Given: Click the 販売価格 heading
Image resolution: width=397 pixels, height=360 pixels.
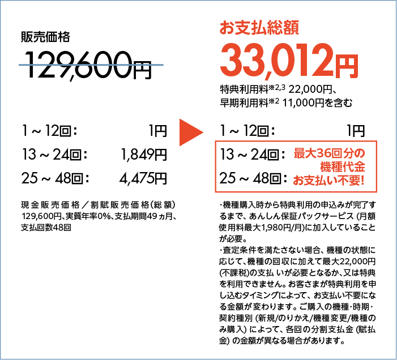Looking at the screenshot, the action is [45, 37].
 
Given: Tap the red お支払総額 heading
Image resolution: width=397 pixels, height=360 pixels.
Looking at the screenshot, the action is [259, 28].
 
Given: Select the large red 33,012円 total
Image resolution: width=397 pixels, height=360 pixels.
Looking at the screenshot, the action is [289, 62].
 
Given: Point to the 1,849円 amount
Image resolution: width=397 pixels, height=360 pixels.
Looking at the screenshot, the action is [144, 155].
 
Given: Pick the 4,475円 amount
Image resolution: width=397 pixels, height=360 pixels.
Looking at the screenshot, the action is [143, 179].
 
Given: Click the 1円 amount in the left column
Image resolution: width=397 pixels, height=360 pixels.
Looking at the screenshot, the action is [158, 131].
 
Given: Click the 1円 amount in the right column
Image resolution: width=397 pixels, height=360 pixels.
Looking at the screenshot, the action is [356, 131].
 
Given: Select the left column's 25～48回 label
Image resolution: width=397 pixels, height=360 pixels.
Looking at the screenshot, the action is [55, 178].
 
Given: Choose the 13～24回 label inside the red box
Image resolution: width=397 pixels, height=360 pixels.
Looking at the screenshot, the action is [253, 155].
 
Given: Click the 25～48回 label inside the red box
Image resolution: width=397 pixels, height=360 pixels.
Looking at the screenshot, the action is [253, 178].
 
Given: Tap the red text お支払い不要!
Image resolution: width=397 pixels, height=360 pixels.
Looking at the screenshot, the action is [328, 181].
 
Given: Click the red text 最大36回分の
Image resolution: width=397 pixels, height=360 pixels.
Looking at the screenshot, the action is [329, 153].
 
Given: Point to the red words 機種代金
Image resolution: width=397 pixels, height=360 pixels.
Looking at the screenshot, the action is [343, 167].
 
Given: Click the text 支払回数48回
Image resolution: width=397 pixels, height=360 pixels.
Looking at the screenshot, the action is [46, 228].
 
